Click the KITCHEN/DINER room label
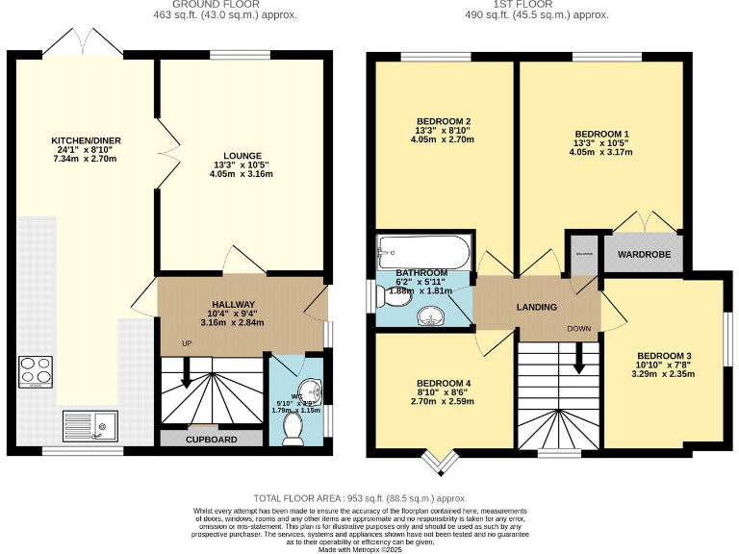86,140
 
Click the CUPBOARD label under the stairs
211,439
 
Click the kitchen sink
89,423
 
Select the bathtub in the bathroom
424,252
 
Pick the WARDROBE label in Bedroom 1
642,257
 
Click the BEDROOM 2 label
442,120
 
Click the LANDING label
536,308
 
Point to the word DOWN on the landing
578,328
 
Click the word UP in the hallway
188,343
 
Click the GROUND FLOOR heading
229,5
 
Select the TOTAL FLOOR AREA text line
369,498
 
